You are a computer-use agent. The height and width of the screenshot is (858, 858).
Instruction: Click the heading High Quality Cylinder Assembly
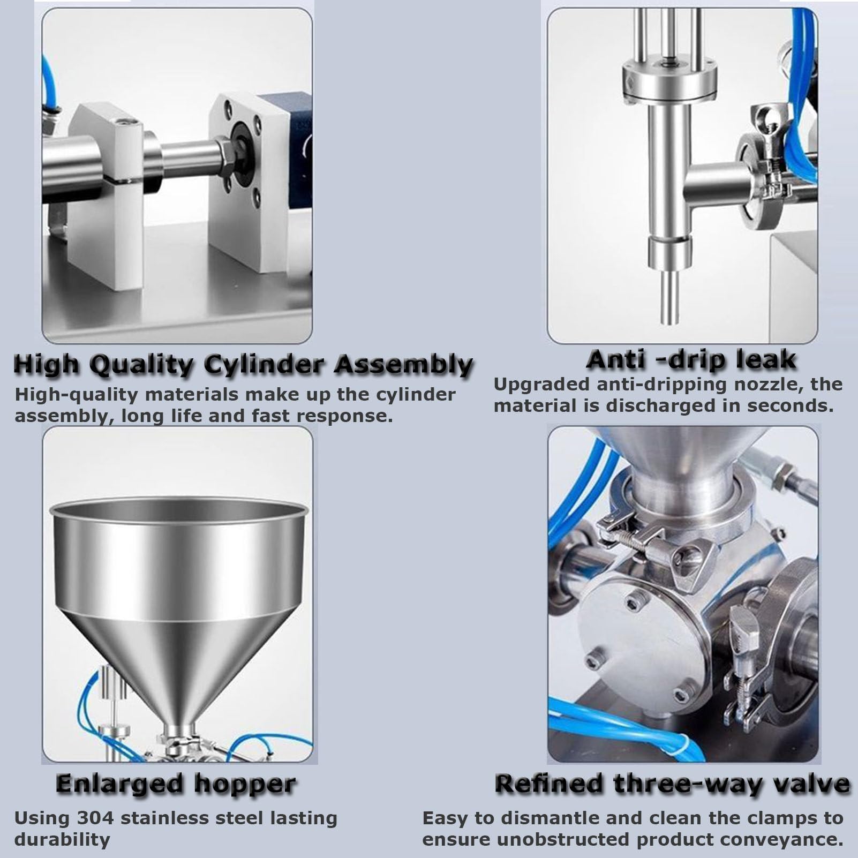click(243, 365)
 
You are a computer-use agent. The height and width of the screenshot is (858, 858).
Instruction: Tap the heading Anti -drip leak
click(691, 359)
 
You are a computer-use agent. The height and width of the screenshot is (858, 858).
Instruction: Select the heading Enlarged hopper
click(176, 784)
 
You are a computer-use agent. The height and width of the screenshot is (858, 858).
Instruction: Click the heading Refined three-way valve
click(672, 784)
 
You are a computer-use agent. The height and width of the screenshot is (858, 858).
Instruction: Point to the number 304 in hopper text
click(95, 818)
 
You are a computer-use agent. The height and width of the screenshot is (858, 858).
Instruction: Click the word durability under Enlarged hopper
click(62, 839)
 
